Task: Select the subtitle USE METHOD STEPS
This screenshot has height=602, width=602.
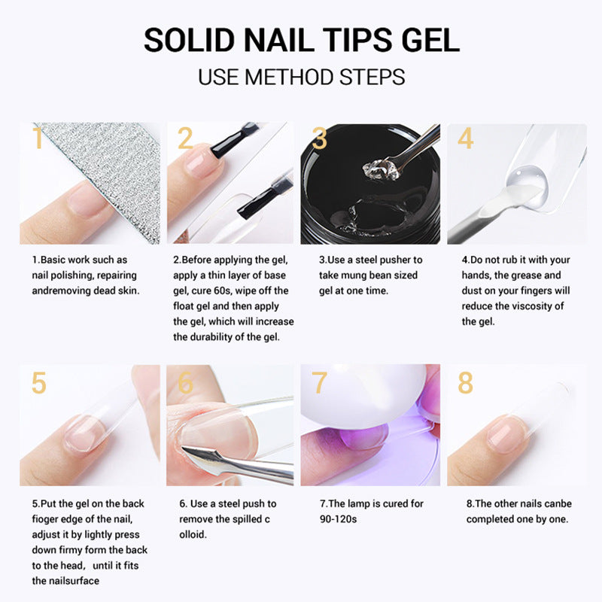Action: pyautogui.click(x=301, y=77)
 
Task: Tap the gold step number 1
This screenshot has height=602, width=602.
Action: pyautogui.click(x=37, y=139)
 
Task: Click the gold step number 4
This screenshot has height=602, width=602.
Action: pyautogui.click(x=465, y=139)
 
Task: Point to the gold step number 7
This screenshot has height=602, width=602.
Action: pyautogui.click(x=320, y=382)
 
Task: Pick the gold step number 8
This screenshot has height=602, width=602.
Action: pyautogui.click(x=465, y=382)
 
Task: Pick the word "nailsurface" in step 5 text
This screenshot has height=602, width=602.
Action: pyautogui.click(x=74, y=580)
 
